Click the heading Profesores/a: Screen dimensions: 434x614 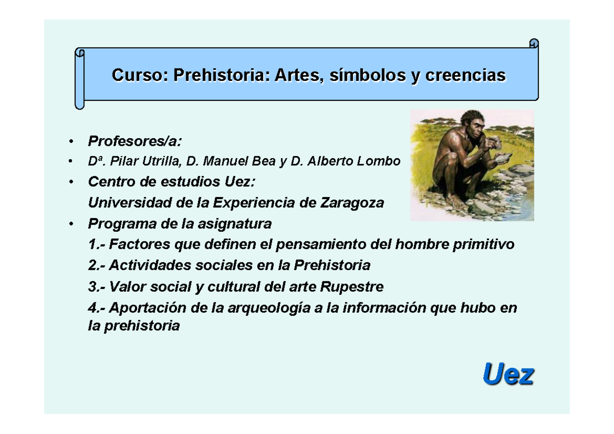click(135, 140)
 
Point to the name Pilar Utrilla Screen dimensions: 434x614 click(149, 161)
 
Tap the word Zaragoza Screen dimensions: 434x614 click(352, 203)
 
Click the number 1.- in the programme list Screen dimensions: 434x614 click(96, 245)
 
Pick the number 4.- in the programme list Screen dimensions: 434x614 click(96, 308)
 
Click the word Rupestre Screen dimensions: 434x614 click(352, 287)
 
